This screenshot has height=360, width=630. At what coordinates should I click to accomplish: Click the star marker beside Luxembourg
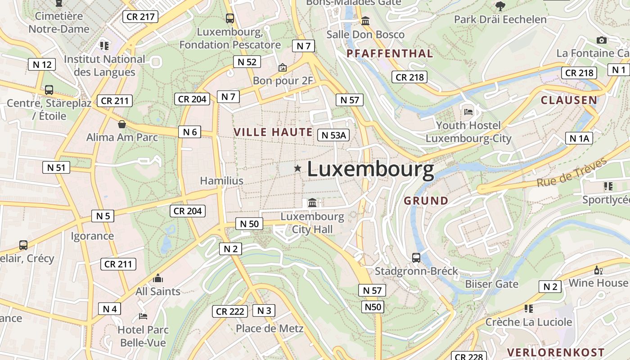pos(297,168)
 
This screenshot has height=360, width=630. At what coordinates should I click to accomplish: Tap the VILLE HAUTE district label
pos(273,132)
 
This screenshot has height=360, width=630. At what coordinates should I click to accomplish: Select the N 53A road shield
pos(333,135)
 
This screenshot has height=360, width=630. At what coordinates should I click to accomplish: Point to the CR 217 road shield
pos(140,17)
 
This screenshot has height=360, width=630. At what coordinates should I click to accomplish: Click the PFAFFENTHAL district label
pos(390,54)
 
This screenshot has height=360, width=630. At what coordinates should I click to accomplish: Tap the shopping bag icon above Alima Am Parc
pos(121,124)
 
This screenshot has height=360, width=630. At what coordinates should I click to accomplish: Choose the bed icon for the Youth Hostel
pos(468,111)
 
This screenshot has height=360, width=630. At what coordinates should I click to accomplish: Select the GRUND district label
pos(426,201)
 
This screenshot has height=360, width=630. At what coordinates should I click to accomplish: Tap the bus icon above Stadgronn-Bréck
pos(416,258)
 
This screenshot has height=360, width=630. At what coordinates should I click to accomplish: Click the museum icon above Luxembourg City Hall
pos(312,203)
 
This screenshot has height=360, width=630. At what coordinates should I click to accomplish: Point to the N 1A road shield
pos(579,138)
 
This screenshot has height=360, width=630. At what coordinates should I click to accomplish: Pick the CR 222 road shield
pos(230,311)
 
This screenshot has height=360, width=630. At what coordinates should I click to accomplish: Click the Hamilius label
pos(221,181)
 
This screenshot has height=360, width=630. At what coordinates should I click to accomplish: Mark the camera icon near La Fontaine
pos(602,40)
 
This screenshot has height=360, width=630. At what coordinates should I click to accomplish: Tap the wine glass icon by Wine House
pos(598,270)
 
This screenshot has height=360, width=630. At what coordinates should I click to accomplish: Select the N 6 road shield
pos(190,132)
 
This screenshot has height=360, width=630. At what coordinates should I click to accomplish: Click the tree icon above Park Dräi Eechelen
pos(500,6)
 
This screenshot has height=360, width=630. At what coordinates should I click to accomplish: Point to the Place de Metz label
pos(270,328)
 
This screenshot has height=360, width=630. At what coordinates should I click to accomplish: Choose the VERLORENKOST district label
pos(556,352)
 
